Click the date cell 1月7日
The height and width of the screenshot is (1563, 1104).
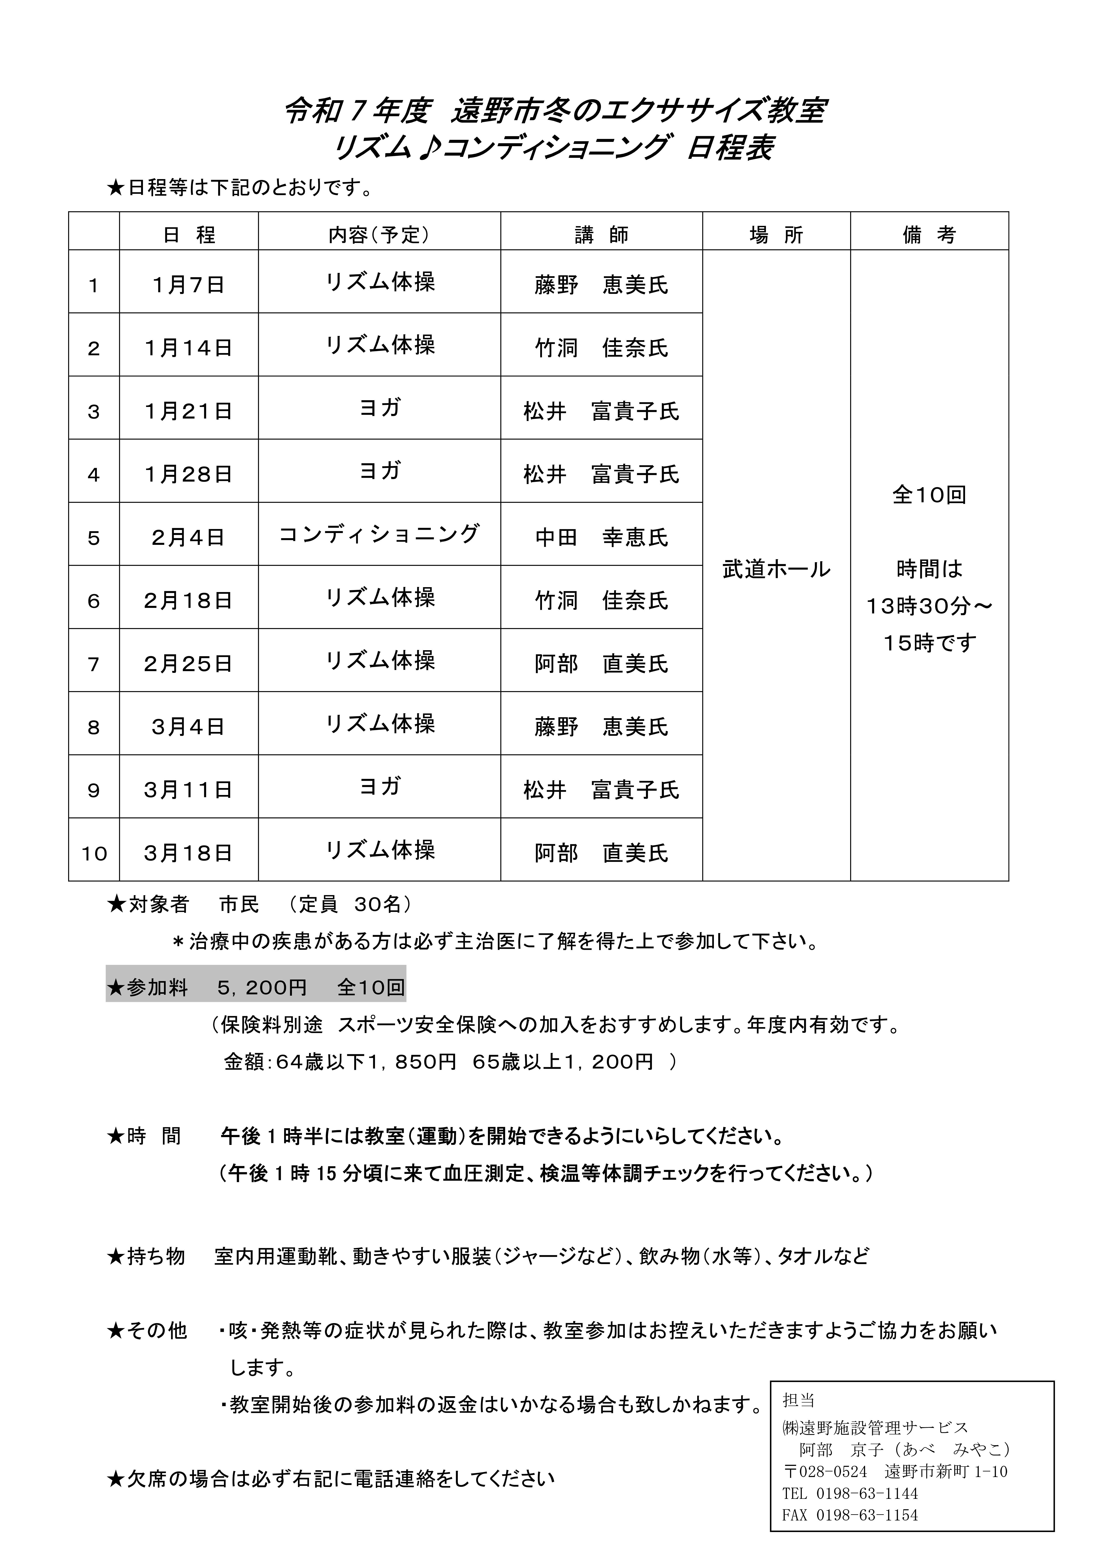[x=189, y=284]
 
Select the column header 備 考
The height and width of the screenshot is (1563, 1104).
[x=929, y=235]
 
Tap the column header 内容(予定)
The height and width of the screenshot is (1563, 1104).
[x=379, y=235]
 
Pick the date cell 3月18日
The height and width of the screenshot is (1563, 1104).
[x=189, y=853]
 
